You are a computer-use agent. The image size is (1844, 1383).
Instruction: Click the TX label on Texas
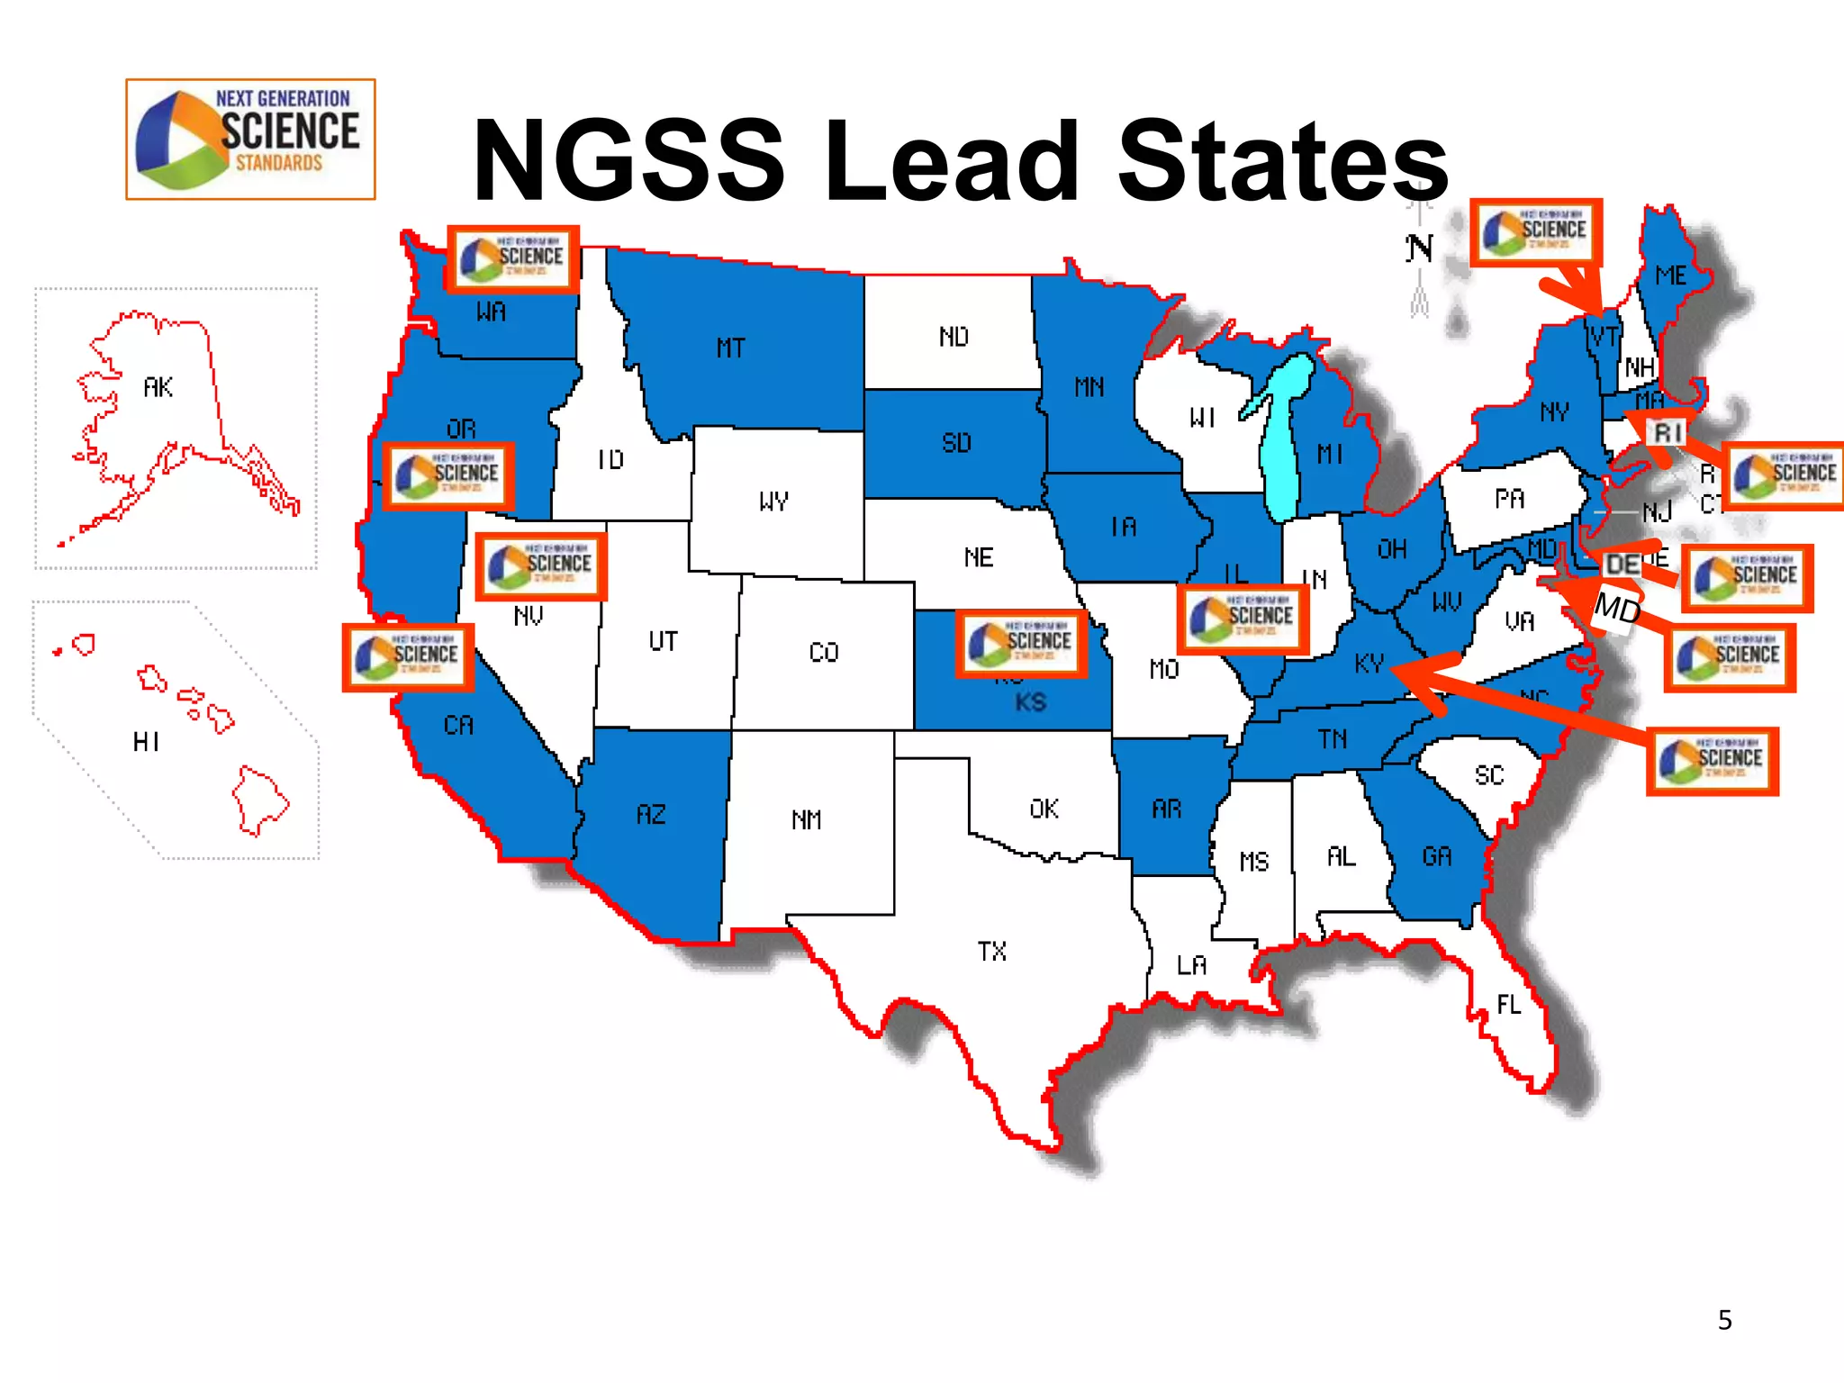pos(991,951)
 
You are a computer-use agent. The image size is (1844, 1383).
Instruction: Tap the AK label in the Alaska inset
pos(158,387)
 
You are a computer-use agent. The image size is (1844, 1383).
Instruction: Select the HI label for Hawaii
pos(147,742)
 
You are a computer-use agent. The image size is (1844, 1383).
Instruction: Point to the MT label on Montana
pos(730,348)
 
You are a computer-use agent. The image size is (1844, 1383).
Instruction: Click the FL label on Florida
pos(1509,1004)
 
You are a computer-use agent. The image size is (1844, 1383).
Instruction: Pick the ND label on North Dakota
pos(954,337)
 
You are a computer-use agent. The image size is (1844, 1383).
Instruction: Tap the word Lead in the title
pos(953,162)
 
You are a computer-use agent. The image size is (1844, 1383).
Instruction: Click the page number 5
pos(1724,1320)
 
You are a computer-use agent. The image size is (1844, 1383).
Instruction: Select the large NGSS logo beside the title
pos(250,140)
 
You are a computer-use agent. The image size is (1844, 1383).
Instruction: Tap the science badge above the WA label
pos(513,259)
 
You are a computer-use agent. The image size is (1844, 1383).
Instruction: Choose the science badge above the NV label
pos(540,566)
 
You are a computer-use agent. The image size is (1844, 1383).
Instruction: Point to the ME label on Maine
pos(1671,276)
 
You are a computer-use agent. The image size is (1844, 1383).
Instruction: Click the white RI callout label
pos(1668,432)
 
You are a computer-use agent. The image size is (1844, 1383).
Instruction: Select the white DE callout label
pos(1623,565)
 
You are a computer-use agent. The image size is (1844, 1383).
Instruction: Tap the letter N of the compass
pos(1420,249)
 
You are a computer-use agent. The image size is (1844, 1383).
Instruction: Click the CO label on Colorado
pos(823,652)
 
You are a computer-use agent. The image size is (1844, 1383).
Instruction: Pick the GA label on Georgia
pos(1437,855)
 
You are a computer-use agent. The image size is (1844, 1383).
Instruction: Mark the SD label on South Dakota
pos(956,443)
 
